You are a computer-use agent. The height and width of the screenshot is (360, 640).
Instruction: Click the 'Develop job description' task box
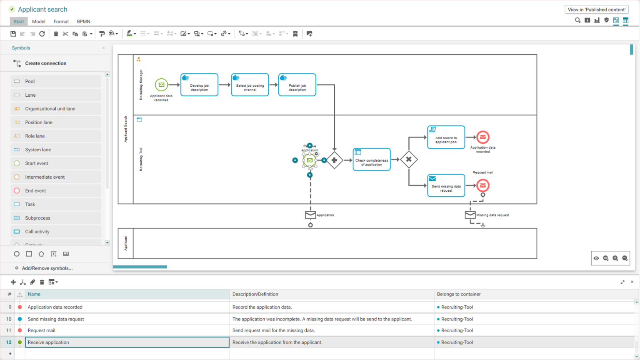click(199, 85)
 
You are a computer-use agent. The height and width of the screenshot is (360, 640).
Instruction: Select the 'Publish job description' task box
click(297, 85)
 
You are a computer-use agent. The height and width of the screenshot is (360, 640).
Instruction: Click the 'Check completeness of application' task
click(372, 160)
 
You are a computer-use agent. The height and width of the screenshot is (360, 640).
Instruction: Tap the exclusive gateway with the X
click(409, 160)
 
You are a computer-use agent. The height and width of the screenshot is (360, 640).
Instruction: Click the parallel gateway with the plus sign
click(334, 160)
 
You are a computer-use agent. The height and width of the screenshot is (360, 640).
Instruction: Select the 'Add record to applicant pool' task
click(446, 137)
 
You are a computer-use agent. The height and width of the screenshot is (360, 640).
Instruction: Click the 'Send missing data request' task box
click(446, 186)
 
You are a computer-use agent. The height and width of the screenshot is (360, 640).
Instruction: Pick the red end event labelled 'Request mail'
click(482, 185)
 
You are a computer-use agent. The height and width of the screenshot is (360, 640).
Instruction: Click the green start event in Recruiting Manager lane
click(161, 85)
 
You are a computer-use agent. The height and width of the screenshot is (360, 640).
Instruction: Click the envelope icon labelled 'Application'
click(310, 215)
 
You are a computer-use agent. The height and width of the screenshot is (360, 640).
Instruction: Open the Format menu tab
click(61, 22)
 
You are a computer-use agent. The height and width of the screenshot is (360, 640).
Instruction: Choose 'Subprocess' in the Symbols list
click(37, 218)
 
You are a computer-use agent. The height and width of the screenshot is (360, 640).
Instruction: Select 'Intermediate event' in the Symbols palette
click(45, 177)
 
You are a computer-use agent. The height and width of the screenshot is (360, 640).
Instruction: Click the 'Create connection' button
click(45, 63)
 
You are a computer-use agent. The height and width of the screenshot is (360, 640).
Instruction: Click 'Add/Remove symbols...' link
click(47, 268)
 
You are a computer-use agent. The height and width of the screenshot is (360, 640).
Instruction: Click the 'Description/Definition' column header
click(255, 294)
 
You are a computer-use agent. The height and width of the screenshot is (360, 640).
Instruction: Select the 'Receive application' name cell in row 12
click(127, 342)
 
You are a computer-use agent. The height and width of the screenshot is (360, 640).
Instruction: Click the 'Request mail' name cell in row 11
click(127, 330)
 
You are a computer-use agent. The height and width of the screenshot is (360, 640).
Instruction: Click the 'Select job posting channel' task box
click(250, 85)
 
